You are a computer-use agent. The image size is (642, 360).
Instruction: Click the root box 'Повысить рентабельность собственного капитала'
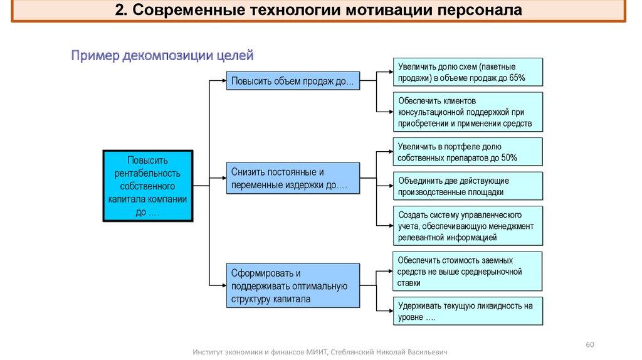tap(148, 186)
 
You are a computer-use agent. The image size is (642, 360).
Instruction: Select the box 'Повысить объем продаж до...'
tap(293, 81)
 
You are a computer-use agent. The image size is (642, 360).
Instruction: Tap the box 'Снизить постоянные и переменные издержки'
tap(293, 179)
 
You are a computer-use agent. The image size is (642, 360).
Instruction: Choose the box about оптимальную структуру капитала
tap(293, 286)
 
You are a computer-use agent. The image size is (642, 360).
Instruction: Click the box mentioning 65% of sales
tap(468, 71)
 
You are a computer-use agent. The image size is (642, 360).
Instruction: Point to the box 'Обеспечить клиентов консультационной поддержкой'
tap(468, 112)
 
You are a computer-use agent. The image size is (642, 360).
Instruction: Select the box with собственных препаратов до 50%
tap(468, 152)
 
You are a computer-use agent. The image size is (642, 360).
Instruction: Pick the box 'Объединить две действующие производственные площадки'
tap(468, 186)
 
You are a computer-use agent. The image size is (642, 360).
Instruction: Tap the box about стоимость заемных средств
tap(468, 271)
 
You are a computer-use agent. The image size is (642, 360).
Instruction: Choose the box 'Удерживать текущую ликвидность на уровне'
tap(468, 311)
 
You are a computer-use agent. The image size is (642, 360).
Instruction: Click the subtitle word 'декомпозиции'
tap(164, 56)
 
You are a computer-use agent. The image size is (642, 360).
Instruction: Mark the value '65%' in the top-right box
tap(517, 78)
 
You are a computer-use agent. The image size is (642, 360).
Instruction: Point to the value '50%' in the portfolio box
tap(508, 158)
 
